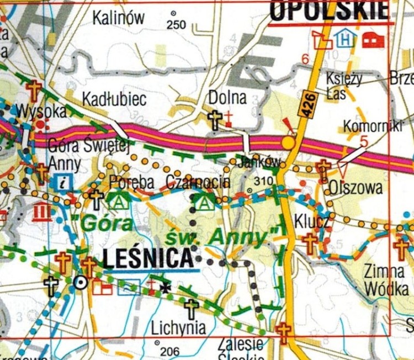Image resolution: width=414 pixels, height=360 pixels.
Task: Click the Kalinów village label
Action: coord(119,18)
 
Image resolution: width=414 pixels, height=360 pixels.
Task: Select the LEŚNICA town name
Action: coord(148,258)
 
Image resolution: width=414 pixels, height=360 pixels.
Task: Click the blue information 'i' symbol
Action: coord(63,181)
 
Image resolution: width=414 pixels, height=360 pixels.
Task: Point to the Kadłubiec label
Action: coord(114,99)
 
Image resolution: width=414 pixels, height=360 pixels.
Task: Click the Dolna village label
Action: coord(227,98)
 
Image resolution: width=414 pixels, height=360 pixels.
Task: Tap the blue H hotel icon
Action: coord(346,39)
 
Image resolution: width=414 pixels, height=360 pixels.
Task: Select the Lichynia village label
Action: coord(178,327)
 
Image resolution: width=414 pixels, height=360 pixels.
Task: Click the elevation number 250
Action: coord(177,24)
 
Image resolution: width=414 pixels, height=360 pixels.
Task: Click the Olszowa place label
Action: coord(355,188)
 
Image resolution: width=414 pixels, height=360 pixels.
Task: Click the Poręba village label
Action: coord(130,182)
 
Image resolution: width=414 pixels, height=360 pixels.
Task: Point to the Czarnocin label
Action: coord(197,182)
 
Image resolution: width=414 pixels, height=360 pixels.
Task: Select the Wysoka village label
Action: coord(41,111)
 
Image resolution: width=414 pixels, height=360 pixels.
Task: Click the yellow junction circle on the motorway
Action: coord(288,142)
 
